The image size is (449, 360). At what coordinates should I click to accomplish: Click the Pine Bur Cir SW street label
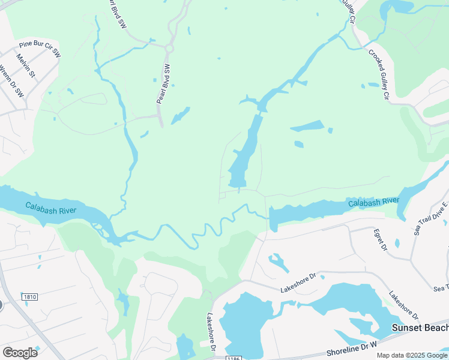[x=40, y=49]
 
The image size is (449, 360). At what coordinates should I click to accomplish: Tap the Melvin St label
[x=26, y=68]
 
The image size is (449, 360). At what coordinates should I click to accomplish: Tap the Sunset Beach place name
[x=420, y=328]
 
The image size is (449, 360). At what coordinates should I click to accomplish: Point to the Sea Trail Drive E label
[x=432, y=219]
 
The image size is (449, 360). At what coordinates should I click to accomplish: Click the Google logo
[x=20, y=352]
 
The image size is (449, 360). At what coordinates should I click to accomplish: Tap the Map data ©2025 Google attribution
[x=411, y=355]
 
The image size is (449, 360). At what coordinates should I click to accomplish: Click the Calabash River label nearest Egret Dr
[x=374, y=202]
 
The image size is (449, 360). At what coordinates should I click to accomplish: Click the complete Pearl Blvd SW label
[x=164, y=83]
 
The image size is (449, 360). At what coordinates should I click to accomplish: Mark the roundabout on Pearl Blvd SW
[x=169, y=47]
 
